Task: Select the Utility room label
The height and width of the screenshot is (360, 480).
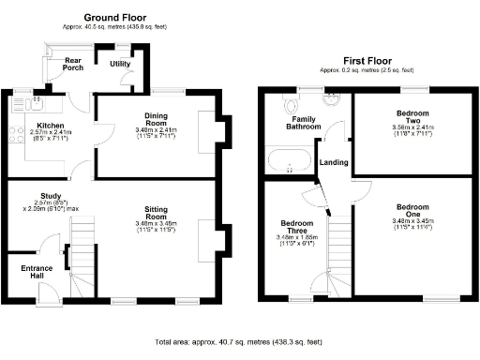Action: tap(120, 64)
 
